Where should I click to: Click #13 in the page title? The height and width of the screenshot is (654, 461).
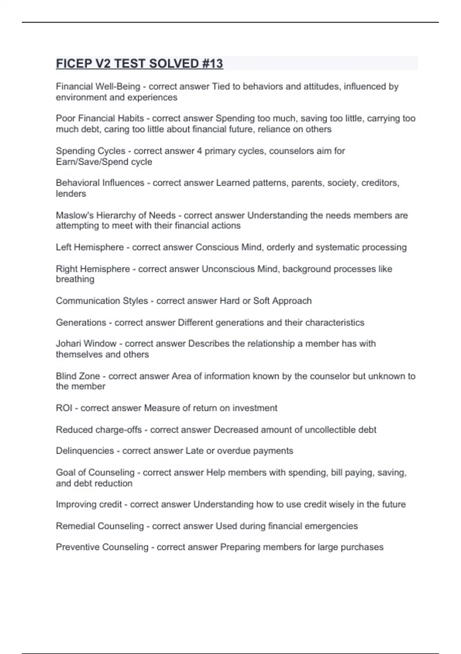pyautogui.click(x=212, y=63)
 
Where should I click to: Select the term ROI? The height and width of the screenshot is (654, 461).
pyautogui.click(x=64, y=408)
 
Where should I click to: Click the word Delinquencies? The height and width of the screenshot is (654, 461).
pyautogui.click(x=85, y=450)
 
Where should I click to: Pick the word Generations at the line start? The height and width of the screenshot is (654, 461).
pyautogui.click(x=81, y=322)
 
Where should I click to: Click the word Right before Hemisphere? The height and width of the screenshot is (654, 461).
pyautogui.click(x=66, y=269)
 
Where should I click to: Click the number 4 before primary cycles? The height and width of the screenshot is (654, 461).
pyautogui.click(x=199, y=151)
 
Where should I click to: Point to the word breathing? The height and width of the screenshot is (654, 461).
pyautogui.click(x=75, y=279)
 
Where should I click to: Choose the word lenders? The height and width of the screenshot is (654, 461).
pyautogui.click(x=71, y=194)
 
